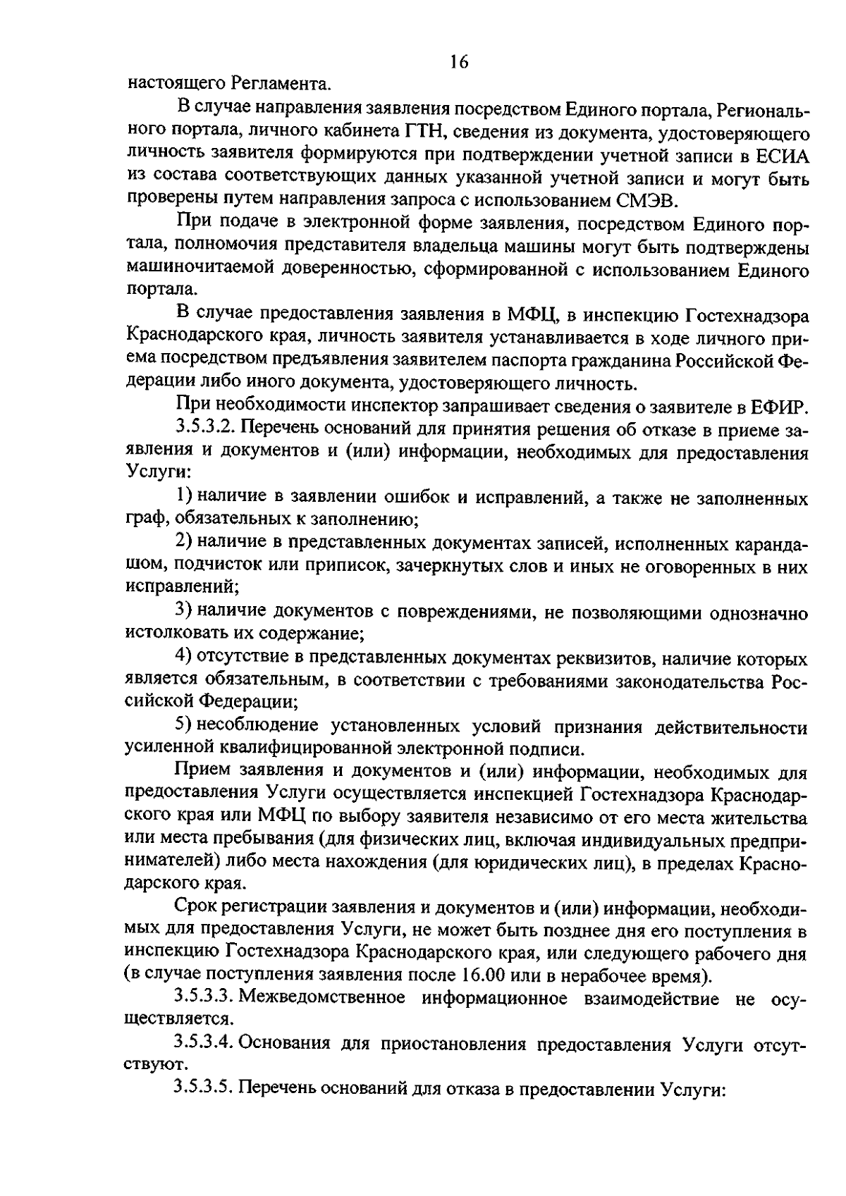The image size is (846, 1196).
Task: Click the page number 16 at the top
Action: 459,62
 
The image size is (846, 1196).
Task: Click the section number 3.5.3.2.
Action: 204,429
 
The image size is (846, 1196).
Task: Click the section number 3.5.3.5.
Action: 204,1087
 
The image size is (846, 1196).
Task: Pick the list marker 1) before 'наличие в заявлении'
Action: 184,498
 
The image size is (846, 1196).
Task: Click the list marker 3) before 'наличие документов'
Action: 184,611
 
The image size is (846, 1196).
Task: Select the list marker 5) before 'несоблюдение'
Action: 184,725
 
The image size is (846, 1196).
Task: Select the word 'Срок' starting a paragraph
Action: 197,908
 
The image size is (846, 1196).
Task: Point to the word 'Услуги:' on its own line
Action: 154,474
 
